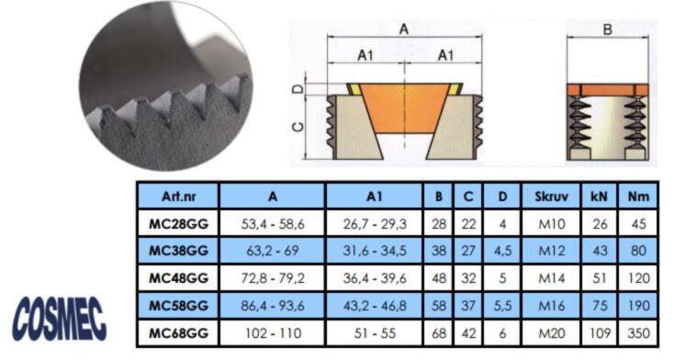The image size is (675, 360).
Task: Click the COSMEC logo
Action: [x=60, y=320]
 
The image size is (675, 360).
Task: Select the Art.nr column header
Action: [x=178, y=197]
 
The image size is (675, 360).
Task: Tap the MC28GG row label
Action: [x=178, y=224]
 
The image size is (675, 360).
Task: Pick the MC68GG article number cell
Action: [x=178, y=332]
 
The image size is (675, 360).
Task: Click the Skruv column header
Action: [x=551, y=197]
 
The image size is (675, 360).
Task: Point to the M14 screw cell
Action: [x=551, y=278]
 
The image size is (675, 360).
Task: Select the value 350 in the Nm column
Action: [x=638, y=332]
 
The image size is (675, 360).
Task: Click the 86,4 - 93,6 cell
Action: [x=272, y=306]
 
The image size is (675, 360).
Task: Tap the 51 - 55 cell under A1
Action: [x=374, y=332]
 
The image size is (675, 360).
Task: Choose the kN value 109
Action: [x=599, y=332]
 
